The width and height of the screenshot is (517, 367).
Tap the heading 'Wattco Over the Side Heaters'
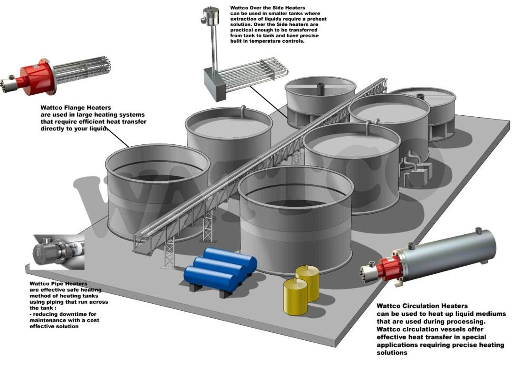[x=268, y=8]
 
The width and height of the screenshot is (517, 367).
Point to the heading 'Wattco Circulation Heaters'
[x=422, y=306]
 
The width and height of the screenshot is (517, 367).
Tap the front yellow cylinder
[x=295, y=296]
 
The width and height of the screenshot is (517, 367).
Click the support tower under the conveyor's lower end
[x=169, y=251]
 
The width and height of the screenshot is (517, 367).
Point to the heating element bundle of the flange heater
[x=83, y=70]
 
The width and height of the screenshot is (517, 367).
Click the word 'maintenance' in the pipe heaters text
[x=47, y=320]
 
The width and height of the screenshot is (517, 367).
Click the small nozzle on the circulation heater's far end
[x=478, y=231]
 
